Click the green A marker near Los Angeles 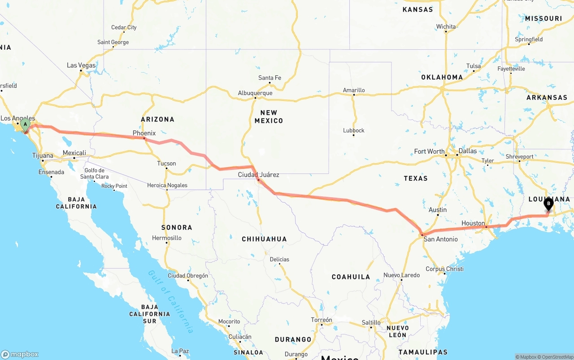[x=26, y=124]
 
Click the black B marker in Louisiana [x=548, y=204]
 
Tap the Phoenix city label [x=144, y=133]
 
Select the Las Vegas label [x=81, y=65]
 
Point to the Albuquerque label [x=255, y=93]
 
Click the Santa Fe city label [x=270, y=78]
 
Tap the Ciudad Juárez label [x=258, y=175]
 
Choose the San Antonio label [x=441, y=239]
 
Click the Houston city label [x=473, y=223]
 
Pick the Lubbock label [x=354, y=130]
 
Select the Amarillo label [x=354, y=90]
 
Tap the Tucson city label [x=166, y=164]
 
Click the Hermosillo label [x=167, y=238]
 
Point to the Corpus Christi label [x=444, y=269]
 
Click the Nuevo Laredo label [x=401, y=275]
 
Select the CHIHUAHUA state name [x=264, y=239]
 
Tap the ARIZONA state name [x=157, y=119]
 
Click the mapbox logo [x=20, y=354]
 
